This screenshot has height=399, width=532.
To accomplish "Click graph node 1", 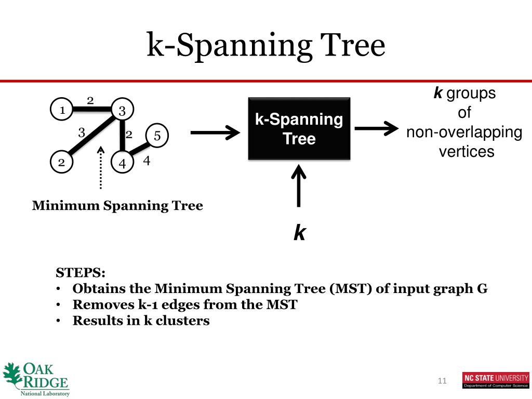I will (61, 110).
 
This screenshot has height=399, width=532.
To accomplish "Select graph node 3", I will (122, 110).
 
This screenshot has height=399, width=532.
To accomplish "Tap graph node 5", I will (157, 136).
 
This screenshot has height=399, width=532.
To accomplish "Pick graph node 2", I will (61, 162).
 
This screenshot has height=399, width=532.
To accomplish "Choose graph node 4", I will (122, 163).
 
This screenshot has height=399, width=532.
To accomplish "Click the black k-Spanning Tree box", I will (299, 128).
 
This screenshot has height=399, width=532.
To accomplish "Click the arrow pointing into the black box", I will (214, 134).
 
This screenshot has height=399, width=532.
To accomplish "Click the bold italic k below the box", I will (299, 233).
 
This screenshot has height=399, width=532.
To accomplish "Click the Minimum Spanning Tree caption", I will (117, 206).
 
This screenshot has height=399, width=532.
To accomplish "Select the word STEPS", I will (81, 273).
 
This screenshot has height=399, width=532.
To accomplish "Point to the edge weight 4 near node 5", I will (147, 161).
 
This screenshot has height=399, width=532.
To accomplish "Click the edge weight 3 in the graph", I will (82, 132).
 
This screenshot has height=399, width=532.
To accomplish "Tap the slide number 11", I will (442, 381).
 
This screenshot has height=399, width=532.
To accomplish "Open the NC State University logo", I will (495, 380).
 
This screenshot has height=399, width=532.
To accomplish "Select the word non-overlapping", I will (464, 132).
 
